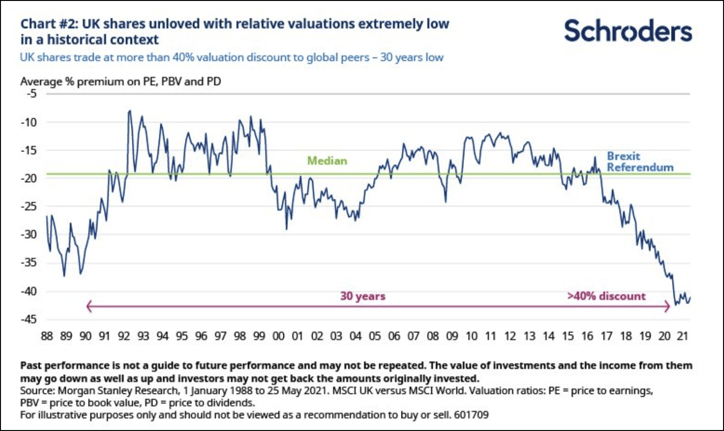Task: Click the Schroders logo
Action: click(x=628, y=31)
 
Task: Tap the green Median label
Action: click(x=327, y=161)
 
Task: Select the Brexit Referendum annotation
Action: click(x=640, y=162)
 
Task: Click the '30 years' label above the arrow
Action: click(x=363, y=296)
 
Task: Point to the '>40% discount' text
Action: click(x=606, y=296)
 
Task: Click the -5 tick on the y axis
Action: click(x=31, y=94)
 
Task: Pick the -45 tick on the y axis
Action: click(x=29, y=319)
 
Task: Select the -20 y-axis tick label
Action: click(x=29, y=178)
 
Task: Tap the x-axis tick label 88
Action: click(x=47, y=336)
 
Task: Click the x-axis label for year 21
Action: click(x=682, y=336)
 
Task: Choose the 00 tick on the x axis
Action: click(x=278, y=336)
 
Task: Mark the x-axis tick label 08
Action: click(x=433, y=336)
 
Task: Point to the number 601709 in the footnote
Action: click(x=471, y=415)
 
